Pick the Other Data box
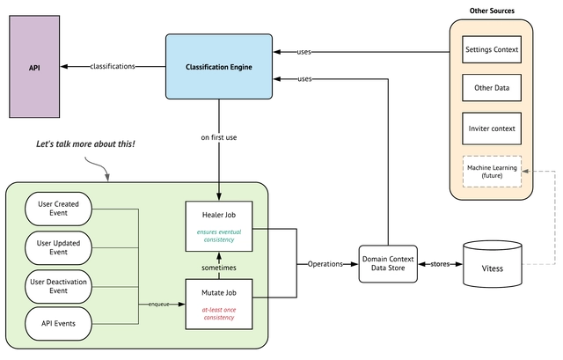(492, 88)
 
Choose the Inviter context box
(492, 129)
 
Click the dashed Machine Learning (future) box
(492, 169)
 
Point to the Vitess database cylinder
(493, 265)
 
